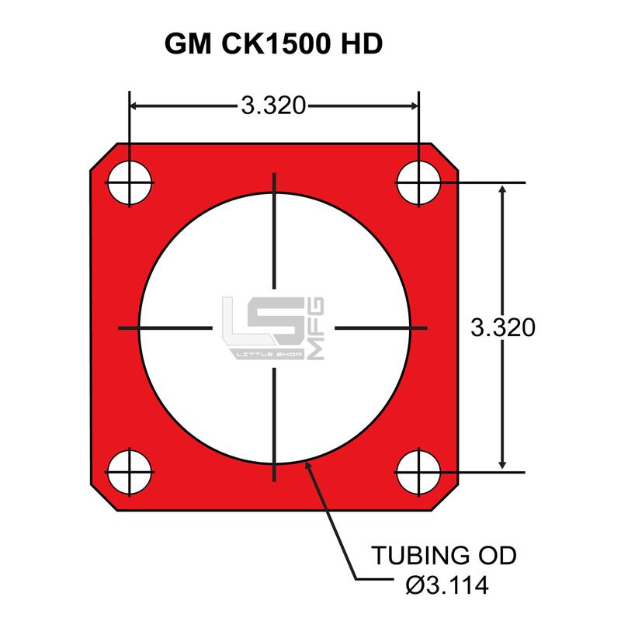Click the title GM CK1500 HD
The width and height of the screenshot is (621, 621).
274,43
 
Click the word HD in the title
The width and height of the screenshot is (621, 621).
361,43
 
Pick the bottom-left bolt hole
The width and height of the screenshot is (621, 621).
130,472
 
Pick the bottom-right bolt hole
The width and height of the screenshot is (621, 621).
419,472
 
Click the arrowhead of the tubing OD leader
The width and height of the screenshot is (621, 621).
310,465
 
